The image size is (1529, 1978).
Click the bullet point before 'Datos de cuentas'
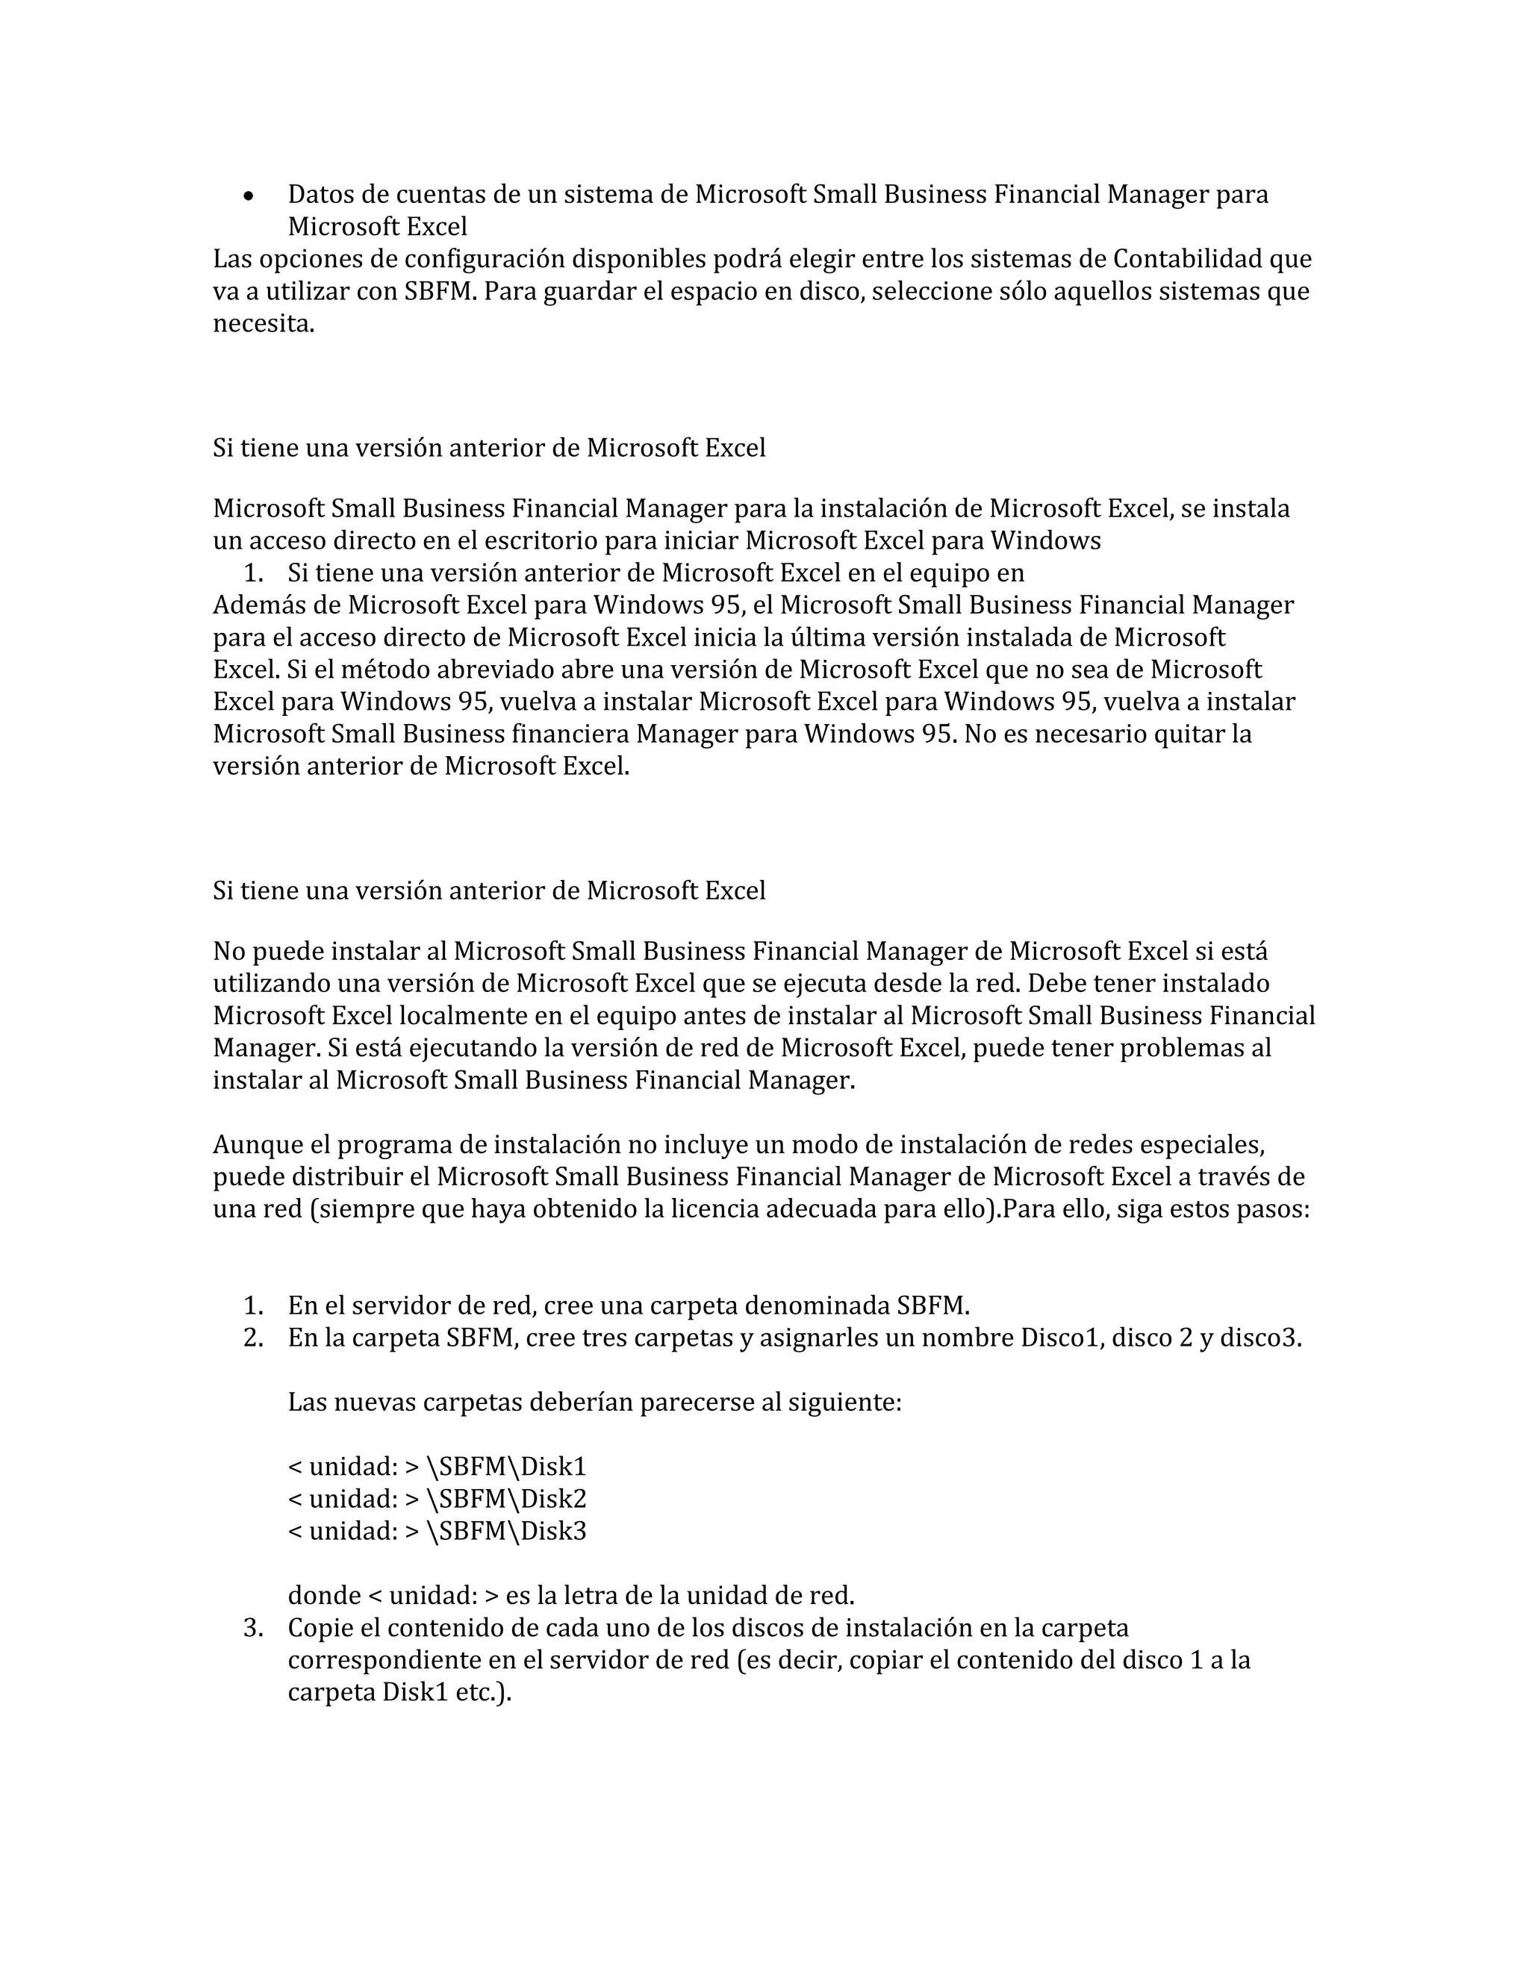click(x=248, y=196)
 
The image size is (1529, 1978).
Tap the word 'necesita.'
click(x=264, y=324)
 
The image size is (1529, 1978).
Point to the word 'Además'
click(x=277, y=605)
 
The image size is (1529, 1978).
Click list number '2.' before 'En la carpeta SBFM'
click(x=254, y=1338)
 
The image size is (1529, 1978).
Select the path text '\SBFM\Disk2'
click(x=505, y=1499)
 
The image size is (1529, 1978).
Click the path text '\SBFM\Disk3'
click(x=505, y=1531)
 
